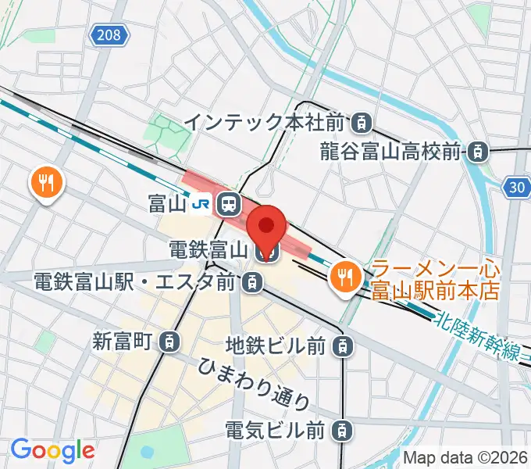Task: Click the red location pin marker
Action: point(266,226)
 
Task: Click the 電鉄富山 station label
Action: point(208,251)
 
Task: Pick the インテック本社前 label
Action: point(265,122)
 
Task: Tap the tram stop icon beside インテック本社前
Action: point(361,122)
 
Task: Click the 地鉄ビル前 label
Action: point(275,344)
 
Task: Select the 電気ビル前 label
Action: point(275,429)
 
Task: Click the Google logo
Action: point(52,450)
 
